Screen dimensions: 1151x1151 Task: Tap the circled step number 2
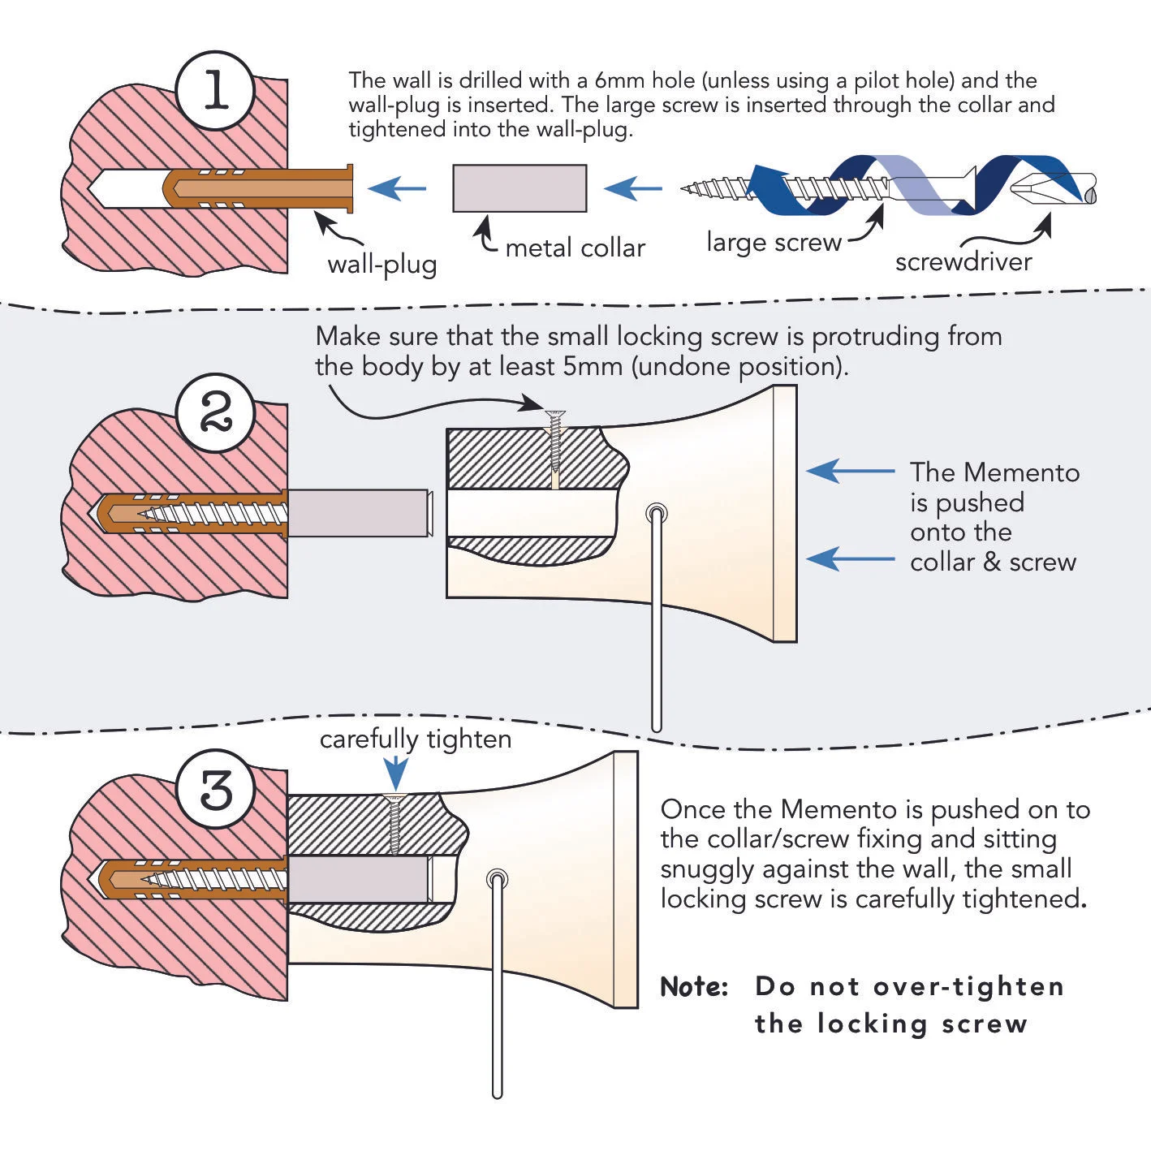[x=215, y=413]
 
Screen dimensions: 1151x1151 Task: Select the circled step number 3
[x=216, y=789]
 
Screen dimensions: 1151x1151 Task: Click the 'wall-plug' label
[x=382, y=265]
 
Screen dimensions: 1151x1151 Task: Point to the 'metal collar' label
[x=575, y=248]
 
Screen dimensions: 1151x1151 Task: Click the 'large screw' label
[x=774, y=242]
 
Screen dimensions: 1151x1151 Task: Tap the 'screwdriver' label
[x=963, y=261]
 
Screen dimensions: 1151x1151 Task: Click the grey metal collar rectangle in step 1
[x=519, y=188]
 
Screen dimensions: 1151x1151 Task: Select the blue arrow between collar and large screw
[x=633, y=189]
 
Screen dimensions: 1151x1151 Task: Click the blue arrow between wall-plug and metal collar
[x=397, y=189]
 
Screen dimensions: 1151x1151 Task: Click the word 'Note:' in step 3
[x=694, y=987]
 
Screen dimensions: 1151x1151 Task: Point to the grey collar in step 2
[x=358, y=512]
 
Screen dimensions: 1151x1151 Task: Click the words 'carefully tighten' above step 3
[x=416, y=739]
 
